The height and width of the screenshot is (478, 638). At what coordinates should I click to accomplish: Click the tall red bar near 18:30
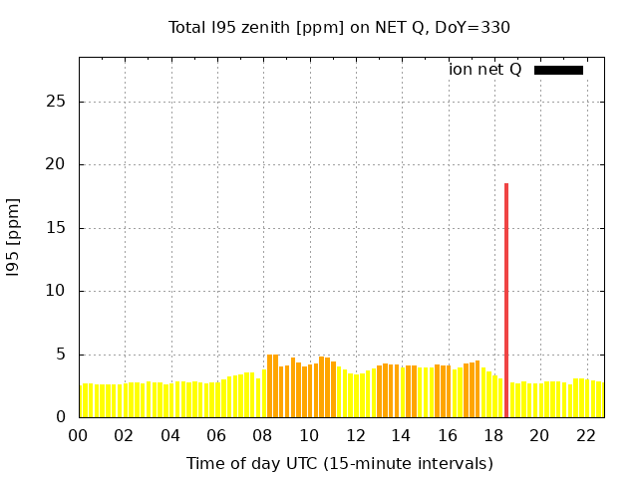point(506,299)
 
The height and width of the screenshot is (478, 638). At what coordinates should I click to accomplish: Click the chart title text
point(339,27)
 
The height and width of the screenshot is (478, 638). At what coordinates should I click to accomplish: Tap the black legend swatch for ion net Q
point(558,70)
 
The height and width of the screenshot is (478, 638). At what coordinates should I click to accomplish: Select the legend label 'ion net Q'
point(485,70)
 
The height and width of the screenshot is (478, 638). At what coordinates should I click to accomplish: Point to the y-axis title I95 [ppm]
point(14,237)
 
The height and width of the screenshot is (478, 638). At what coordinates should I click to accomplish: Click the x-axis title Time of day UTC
point(339,463)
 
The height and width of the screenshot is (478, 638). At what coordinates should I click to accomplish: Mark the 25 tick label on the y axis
point(58,102)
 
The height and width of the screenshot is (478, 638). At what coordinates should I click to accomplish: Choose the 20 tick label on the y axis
point(58,164)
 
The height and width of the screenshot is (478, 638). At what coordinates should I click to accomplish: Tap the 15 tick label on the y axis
point(58,228)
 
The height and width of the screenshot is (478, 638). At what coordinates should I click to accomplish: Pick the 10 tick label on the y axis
point(58,291)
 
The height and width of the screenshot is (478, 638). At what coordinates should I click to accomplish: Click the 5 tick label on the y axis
point(62,355)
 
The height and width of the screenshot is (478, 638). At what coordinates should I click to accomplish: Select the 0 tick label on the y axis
point(62,417)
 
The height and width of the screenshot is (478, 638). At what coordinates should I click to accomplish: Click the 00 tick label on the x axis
point(78,436)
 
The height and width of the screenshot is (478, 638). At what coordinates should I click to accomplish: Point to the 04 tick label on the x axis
point(170,436)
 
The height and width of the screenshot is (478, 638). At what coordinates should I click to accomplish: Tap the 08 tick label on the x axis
point(262,436)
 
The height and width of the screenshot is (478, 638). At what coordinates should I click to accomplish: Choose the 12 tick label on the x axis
point(355,436)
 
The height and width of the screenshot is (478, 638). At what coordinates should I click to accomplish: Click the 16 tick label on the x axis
point(447,436)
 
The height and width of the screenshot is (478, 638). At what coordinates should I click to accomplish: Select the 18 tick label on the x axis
point(492,436)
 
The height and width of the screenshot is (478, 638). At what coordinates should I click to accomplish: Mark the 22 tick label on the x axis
point(585,436)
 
